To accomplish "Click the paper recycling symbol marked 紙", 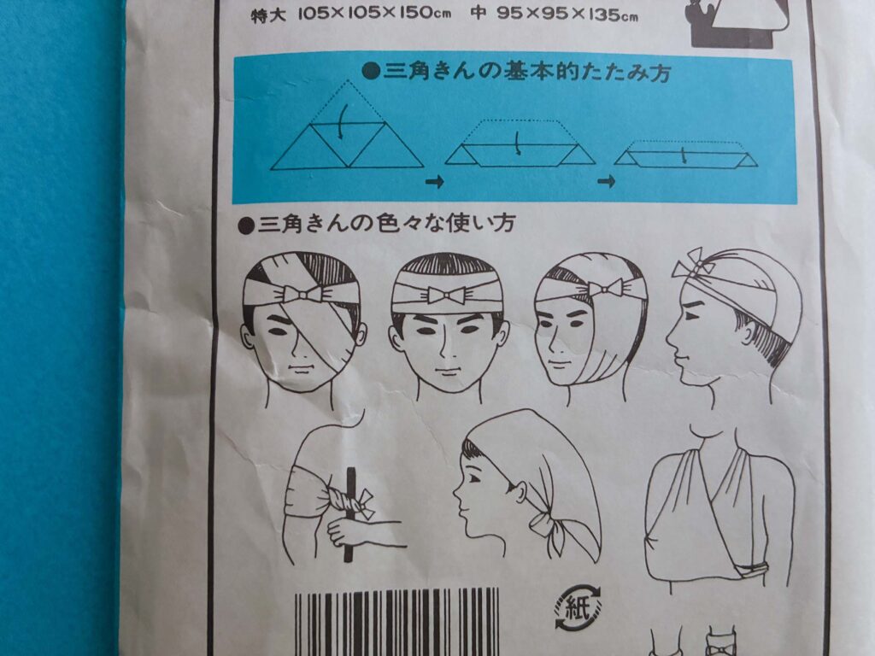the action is click(578, 607).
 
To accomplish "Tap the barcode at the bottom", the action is click(396, 622).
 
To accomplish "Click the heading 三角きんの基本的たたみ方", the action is click(517, 73).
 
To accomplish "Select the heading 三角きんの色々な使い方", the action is click(376, 224).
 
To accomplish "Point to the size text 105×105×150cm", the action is click(374, 14).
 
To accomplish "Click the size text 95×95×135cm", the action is click(567, 14).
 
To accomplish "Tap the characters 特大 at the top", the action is click(268, 15).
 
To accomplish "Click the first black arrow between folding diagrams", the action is click(434, 181).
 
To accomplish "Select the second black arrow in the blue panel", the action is click(606, 181).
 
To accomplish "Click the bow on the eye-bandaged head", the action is click(302, 294).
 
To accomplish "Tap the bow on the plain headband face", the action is click(447, 294).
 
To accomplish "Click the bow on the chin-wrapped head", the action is click(606, 289).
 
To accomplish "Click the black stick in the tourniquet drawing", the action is click(349, 513).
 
